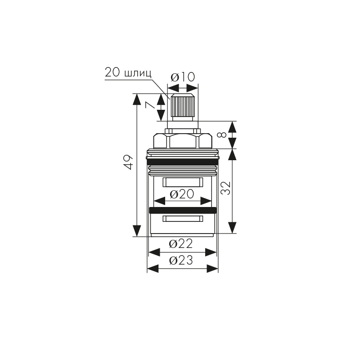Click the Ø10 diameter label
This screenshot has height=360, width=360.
(x=183, y=77)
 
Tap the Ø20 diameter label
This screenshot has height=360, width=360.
(x=182, y=194)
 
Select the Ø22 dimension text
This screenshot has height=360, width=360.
(x=181, y=244)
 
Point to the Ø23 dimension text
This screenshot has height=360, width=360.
(x=181, y=261)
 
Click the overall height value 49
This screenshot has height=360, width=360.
(x=129, y=162)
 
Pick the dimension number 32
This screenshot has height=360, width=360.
(x=225, y=188)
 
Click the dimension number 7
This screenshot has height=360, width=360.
(x=150, y=105)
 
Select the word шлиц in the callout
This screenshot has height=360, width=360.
(x=138, y=73)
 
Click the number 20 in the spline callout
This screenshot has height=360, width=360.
(x=112, y=72)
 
